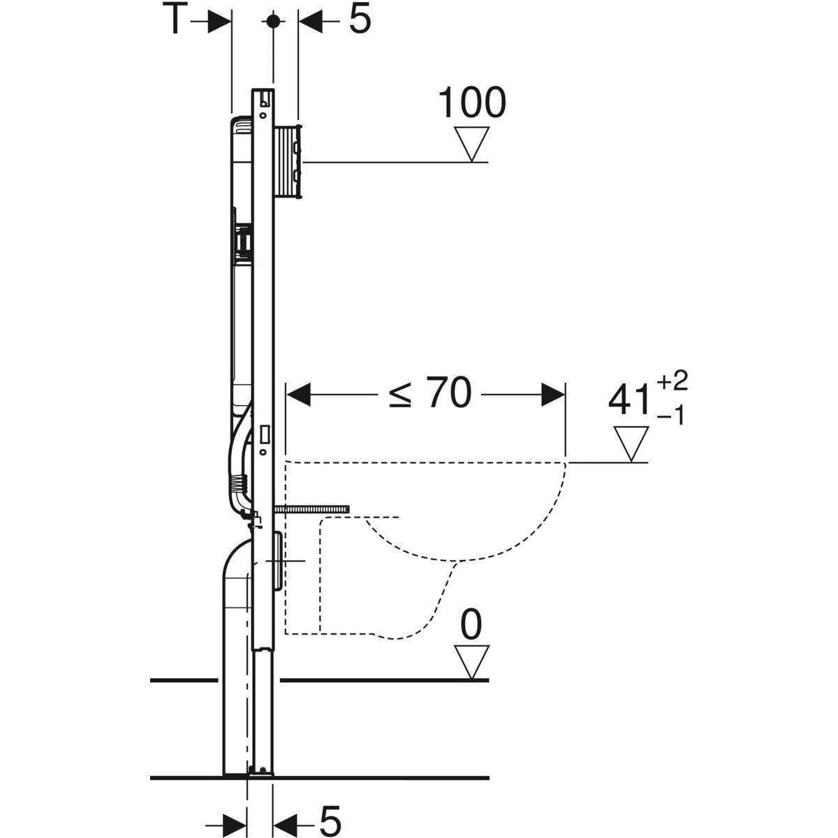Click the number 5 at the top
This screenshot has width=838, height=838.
pos(359,20)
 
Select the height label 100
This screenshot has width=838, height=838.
pos(471,103)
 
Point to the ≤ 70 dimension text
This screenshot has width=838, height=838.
pos(429,395)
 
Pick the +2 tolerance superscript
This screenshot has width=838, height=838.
pos(672,381)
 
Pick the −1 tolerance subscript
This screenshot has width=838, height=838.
pos(672,416)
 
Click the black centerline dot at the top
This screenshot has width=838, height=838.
pos(274,21)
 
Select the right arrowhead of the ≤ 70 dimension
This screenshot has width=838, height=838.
pos(552,395)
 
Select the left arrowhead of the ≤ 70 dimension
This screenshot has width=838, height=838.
pos(298,395)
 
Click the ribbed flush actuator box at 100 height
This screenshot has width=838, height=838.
pos(288,162)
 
